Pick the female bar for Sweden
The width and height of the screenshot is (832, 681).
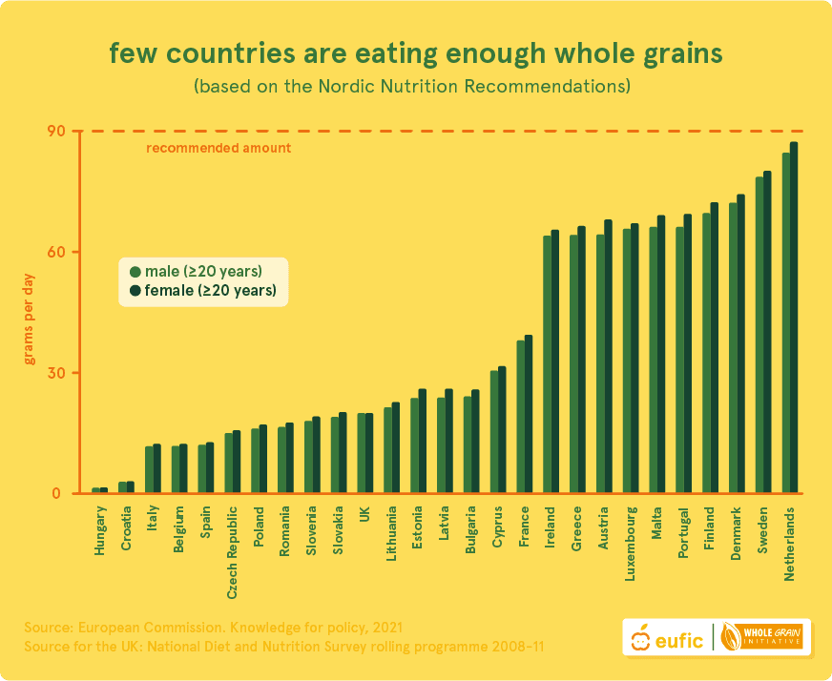point(767,333)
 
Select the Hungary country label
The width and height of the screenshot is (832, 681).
point(101,530)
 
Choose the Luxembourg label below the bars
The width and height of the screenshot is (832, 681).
point(630,545)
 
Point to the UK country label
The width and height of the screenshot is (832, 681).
point(365,515)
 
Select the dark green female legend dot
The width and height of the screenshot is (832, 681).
point(135,291)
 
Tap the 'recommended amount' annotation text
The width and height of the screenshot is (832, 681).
point(218,148)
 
